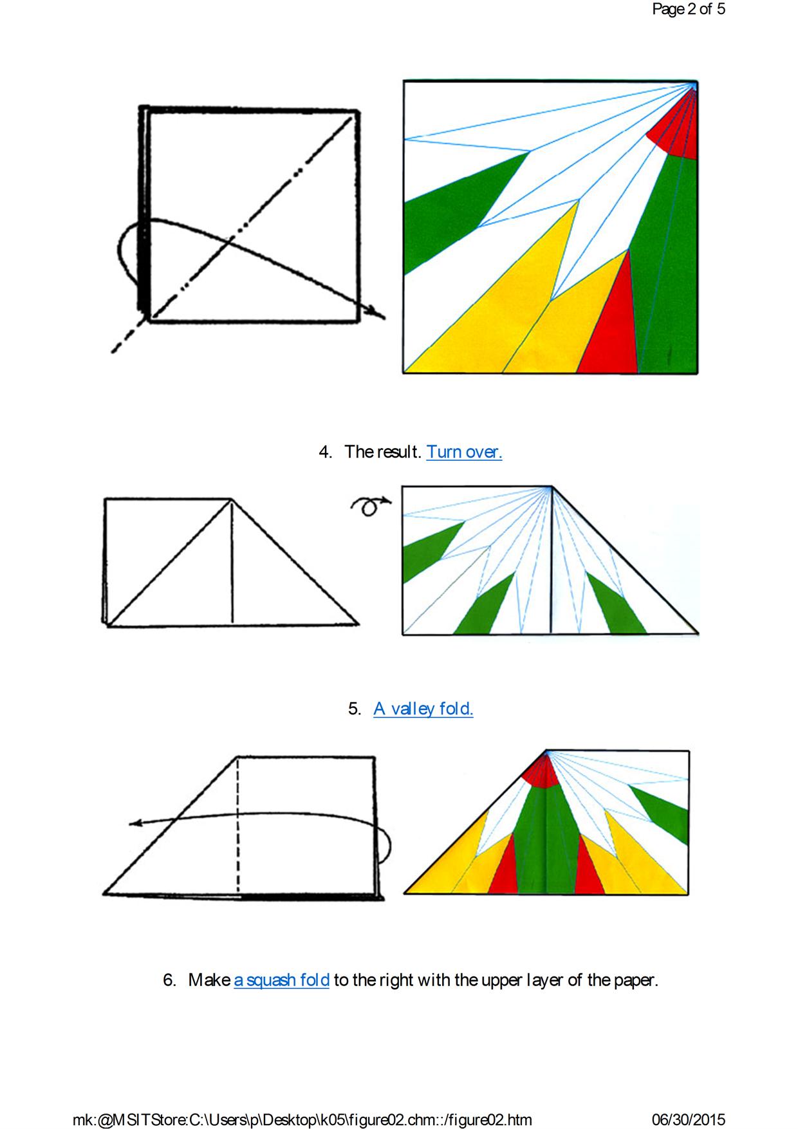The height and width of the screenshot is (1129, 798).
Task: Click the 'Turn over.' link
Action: [464, 452]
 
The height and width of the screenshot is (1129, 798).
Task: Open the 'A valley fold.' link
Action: [423, 709]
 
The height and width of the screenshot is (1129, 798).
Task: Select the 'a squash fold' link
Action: [281, 980]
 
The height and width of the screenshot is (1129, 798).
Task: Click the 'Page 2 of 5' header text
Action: [689, 9]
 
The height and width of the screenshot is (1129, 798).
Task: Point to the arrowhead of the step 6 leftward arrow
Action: [135, 823]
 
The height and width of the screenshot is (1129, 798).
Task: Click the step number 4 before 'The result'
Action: [325, 452]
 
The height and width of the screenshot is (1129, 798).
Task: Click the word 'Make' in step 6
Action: [209, 980]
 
